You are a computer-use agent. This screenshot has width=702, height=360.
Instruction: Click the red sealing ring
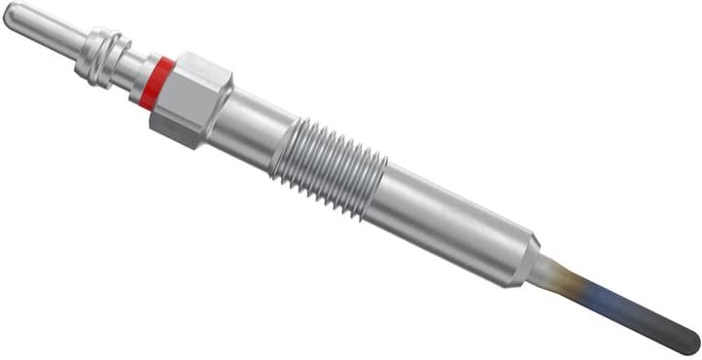[157, 82]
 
